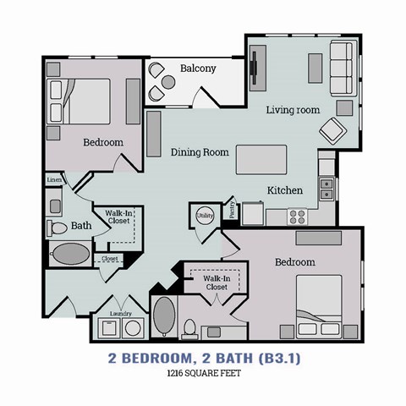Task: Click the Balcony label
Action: [x=198, y=69]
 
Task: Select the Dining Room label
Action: [x=200, y=152]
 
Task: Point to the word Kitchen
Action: [x=285, y=190]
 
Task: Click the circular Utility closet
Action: [x=205, y=217]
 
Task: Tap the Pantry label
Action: [x=232, y=210]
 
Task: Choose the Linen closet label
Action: [x=54, y=179]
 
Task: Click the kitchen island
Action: [x=261, y=158]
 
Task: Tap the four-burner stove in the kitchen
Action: [x=299, y=215]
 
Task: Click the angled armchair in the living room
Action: [x=331, y=130]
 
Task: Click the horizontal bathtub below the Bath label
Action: [x=71, y=253]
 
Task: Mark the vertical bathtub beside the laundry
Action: [x=163, y=317]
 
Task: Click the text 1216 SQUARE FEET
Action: [x=203, y=375]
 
